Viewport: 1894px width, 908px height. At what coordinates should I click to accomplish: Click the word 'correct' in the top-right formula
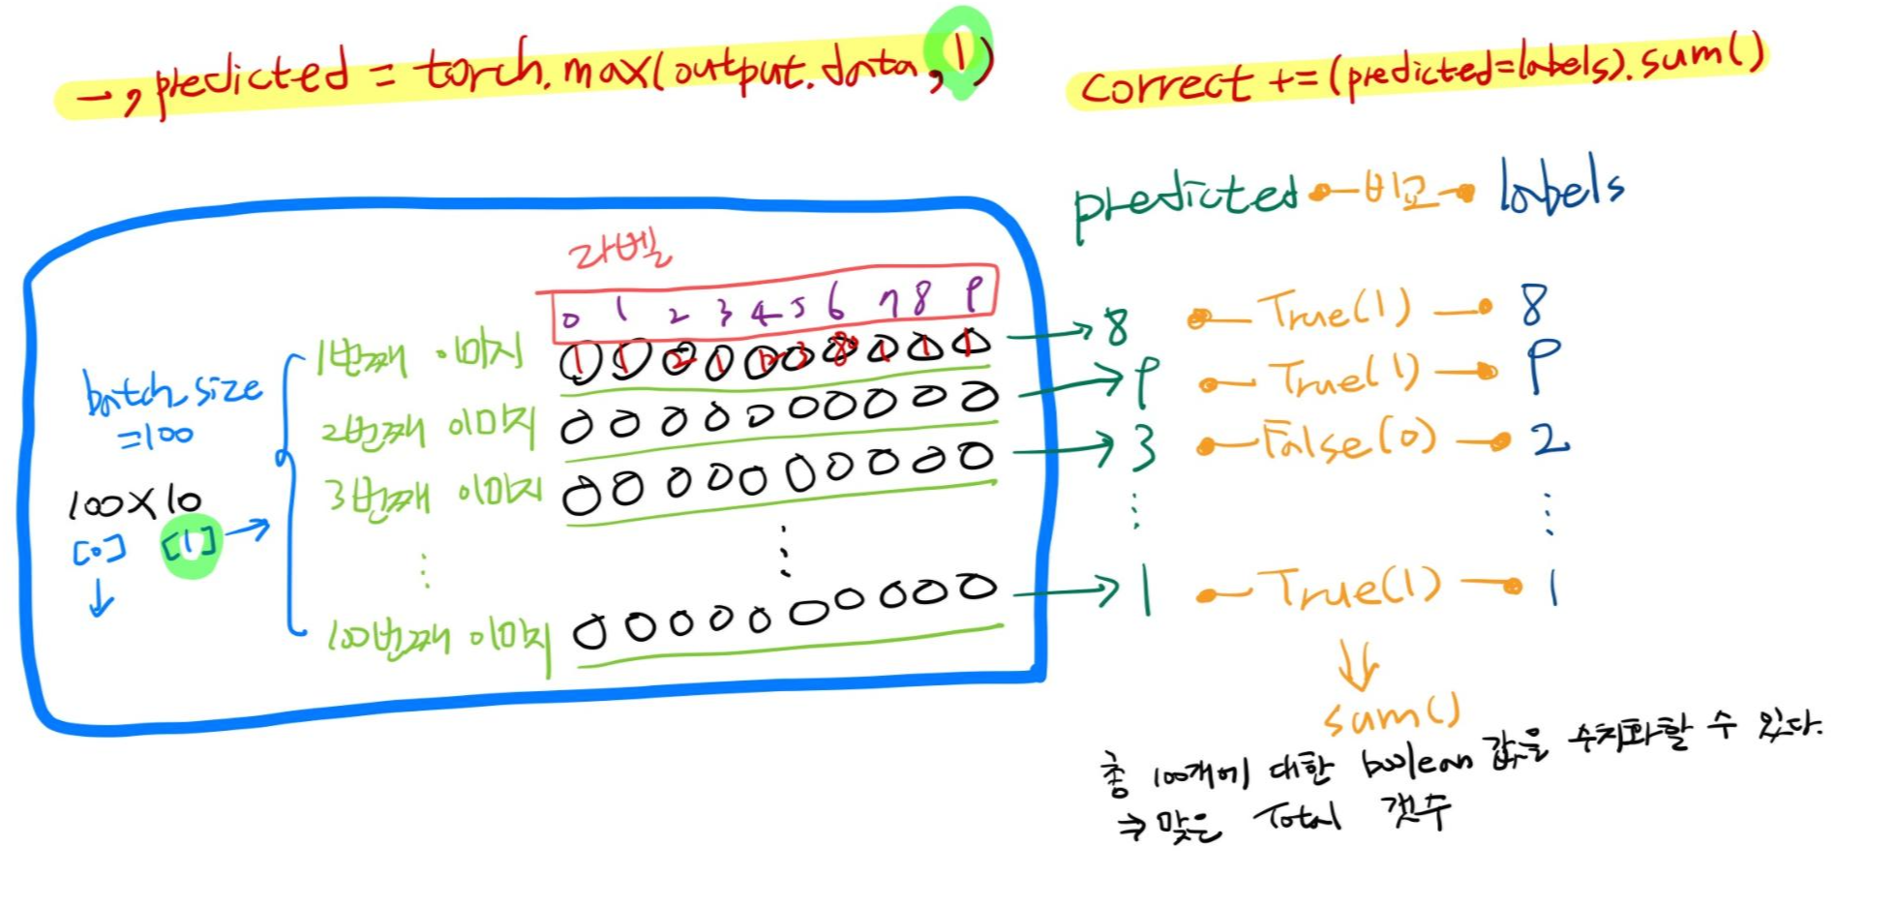click(x=1165, y=85)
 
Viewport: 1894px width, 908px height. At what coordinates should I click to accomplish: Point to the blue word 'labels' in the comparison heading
click(x=1560, y=188)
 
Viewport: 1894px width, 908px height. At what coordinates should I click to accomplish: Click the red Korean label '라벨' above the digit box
click(x=618, y=254)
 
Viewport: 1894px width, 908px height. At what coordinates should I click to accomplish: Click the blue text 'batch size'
click(x=172, y=391)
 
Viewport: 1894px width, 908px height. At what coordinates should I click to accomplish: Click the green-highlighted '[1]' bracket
click(x=191, y=545)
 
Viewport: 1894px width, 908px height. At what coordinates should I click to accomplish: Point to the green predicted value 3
click(x=1143, y=447)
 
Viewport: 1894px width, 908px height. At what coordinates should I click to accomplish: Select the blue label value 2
click(x=1549, y=440)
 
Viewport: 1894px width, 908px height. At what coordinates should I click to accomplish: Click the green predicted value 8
click(x=1117, y=327)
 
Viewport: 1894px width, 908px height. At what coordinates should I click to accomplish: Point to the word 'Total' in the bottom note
click(x=1298, y=819)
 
